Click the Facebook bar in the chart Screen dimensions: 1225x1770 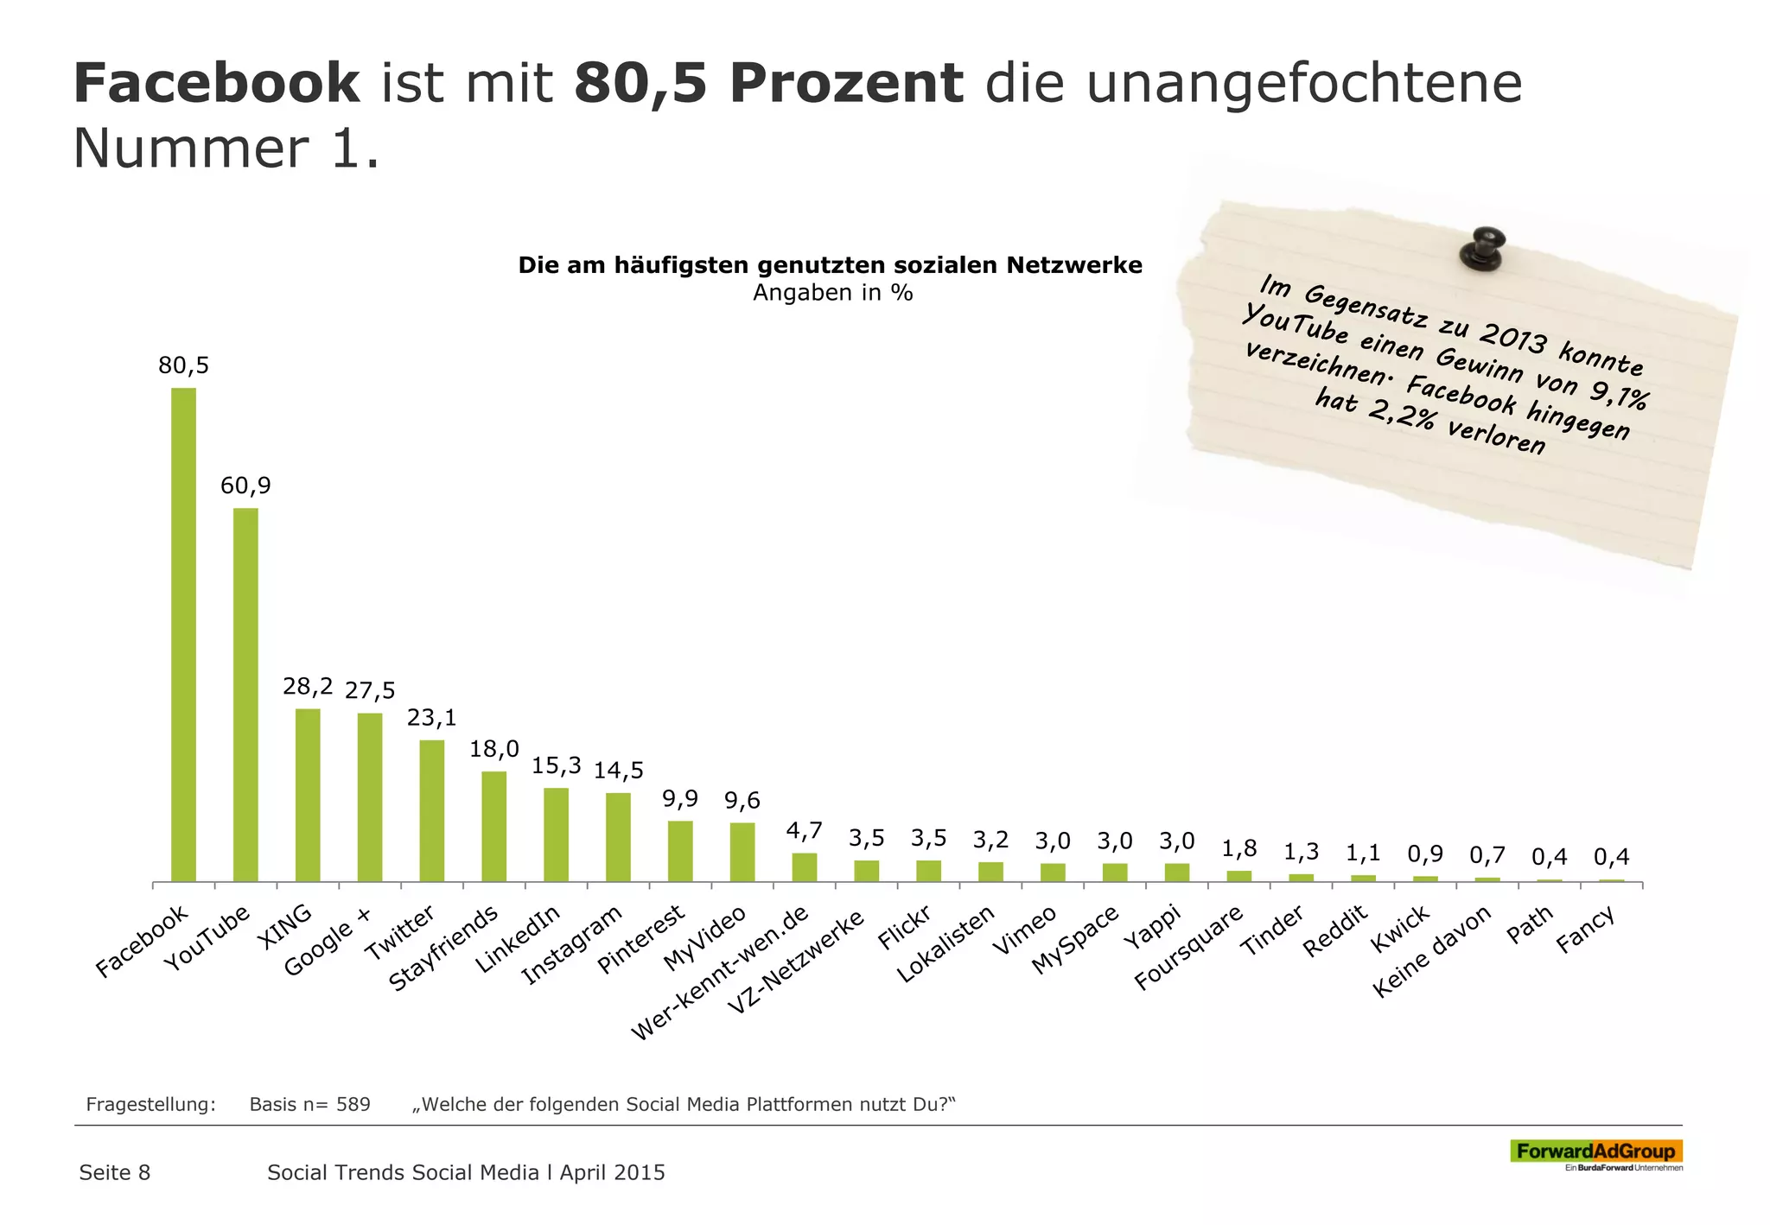(x=183, y=634)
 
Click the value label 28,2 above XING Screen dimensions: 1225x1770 (x=308, y=687)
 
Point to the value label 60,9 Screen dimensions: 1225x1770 (x=245, y=486)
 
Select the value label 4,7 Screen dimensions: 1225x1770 (x=804, y=831)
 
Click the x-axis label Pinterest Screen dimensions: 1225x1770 (x=642, y=938)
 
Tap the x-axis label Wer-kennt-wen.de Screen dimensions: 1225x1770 (x=720, y=973)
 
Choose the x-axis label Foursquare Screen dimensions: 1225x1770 (x=1189, y=947)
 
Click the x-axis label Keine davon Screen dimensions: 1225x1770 (x=1432, y=950)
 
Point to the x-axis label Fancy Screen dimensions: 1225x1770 (x=1586, y=930)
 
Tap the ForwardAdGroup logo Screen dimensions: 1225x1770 (x=1595, y=1152)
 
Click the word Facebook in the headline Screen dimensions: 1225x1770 (x=216, y=84)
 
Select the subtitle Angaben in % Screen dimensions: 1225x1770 (x=832, y=293)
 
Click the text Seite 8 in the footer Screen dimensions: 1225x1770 (x=115, y=1172)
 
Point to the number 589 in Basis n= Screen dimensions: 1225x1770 (x=353, y=1104)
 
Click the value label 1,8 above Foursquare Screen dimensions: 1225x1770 (x=1238, y=848)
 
